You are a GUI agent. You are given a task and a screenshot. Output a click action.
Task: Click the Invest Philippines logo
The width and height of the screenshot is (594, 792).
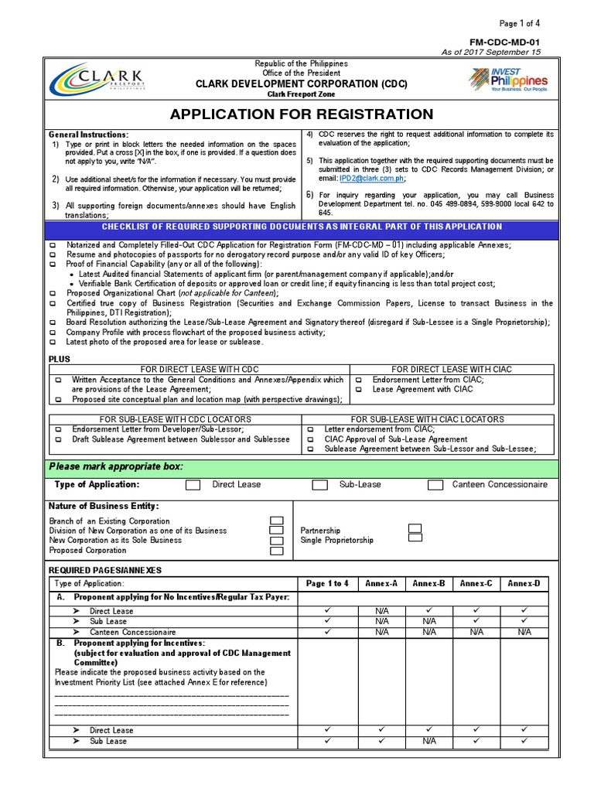click(x=509, y=80)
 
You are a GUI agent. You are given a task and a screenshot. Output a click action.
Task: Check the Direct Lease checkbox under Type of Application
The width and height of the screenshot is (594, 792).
click(x=193, y=485)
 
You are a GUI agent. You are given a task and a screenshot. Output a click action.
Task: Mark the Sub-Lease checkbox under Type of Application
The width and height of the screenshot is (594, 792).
click(x=319, y=485)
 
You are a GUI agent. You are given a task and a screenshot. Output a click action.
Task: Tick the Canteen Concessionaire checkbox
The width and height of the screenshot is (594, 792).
click(x=435, y=485)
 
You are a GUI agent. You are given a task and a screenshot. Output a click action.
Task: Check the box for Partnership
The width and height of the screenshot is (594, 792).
click(x=415, y=529)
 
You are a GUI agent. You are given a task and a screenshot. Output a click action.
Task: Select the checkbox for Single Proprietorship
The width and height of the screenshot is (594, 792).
click(x=415, y=539)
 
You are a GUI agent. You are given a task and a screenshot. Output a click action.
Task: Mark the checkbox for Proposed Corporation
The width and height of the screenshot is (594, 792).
click(x=276, y=551)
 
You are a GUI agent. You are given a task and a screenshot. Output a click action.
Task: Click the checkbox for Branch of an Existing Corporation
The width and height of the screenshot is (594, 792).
click(x=276, y=521)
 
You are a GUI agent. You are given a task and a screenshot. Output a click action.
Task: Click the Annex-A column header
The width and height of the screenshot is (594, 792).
click(x=381, y=583)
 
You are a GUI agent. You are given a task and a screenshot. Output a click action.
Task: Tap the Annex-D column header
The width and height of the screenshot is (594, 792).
click(x=524, y=583)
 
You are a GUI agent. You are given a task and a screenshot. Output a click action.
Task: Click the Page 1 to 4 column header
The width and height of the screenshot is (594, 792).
click(x=327, y=583)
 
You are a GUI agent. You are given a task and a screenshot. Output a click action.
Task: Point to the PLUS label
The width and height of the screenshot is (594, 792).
click(x=60, y=360)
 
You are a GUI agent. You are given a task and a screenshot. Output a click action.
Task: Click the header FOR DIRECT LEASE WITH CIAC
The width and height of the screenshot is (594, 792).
click(x=452, y=370)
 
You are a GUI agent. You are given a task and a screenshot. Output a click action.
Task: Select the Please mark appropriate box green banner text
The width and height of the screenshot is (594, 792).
click(x=116, y=466)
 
